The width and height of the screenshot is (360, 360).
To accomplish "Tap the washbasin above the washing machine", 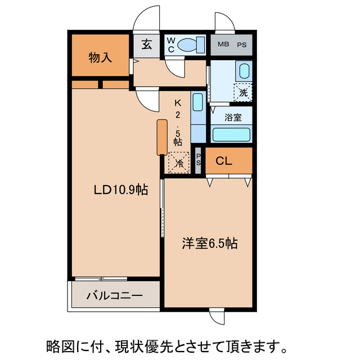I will (244, 71).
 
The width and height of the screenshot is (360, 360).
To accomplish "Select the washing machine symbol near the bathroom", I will (244, 92).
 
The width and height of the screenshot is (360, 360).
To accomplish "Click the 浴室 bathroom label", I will (233, 118).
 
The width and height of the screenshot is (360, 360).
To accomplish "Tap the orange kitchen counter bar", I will (162, 137).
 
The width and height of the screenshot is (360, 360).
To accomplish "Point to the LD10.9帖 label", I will (120, 191).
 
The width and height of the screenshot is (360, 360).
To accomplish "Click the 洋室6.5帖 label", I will (209, 244).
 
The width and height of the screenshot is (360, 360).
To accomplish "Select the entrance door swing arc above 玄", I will (147, 21).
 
